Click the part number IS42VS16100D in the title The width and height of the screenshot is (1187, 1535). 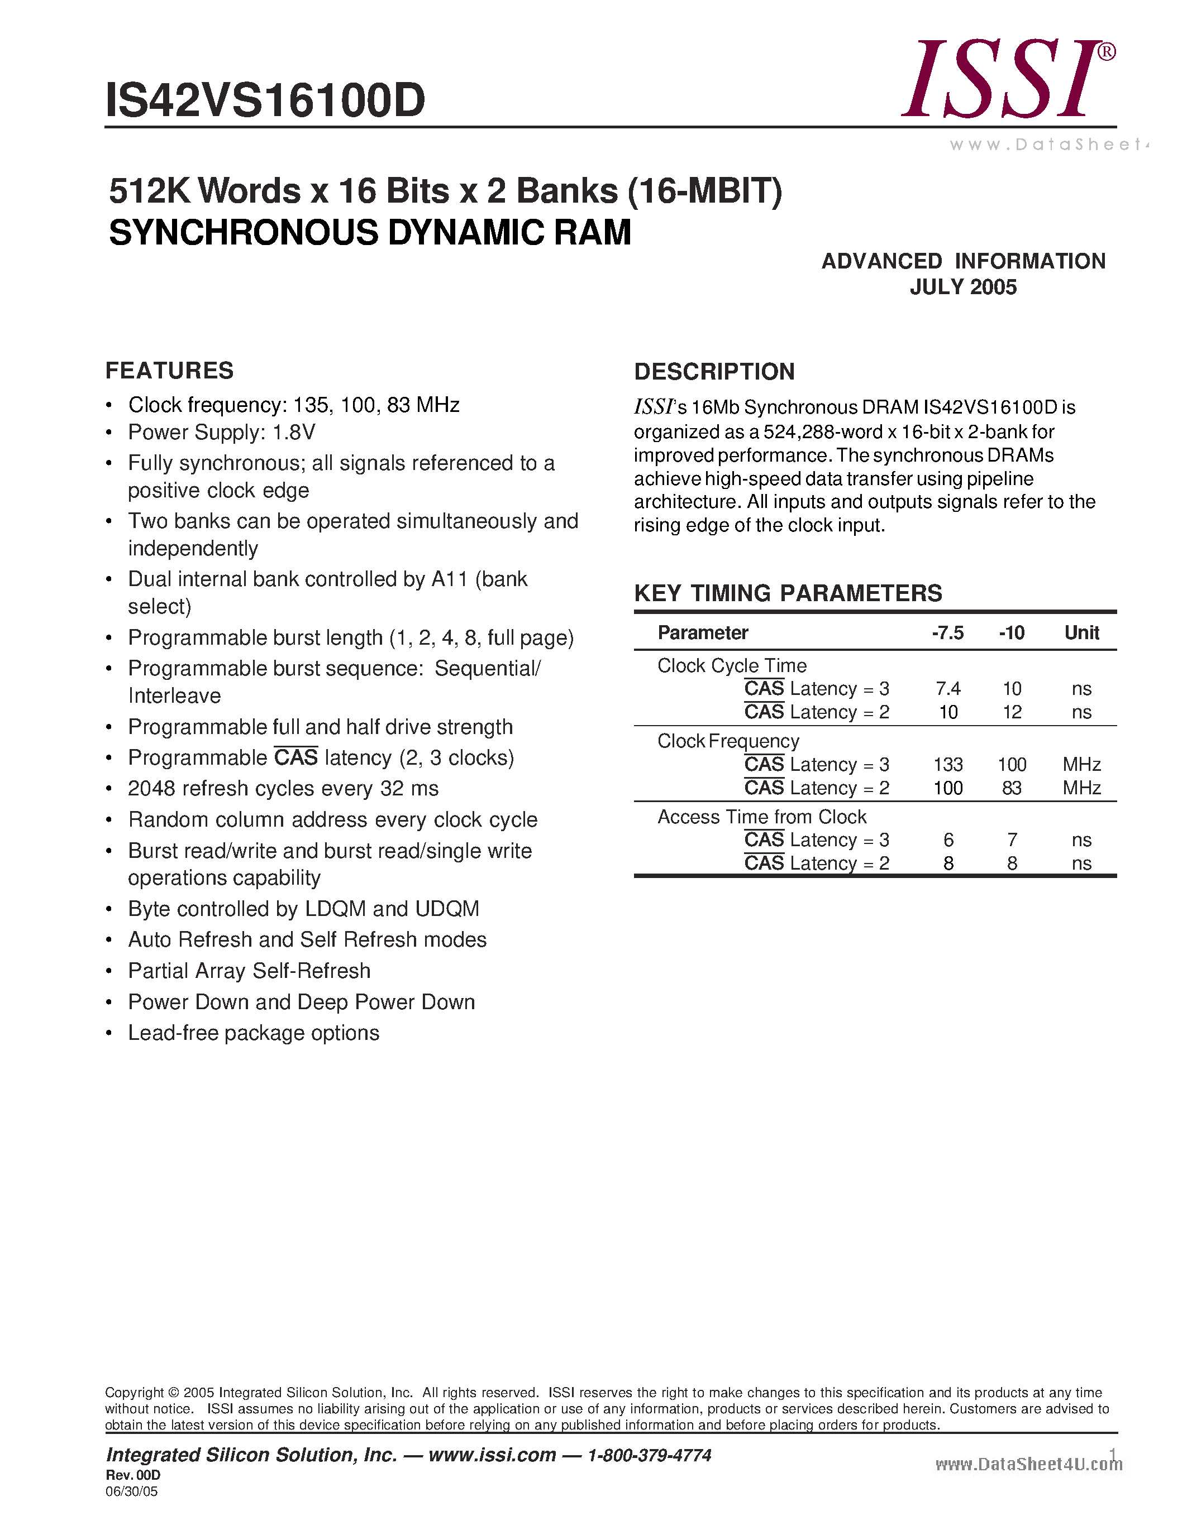[x=265, y=100]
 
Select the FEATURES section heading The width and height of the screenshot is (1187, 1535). [x=169, y=371]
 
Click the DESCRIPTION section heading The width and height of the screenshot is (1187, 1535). [x=714, y=372]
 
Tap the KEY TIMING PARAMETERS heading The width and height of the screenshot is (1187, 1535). [x=788, y=593]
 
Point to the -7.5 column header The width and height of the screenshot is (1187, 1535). [x=947, y=632]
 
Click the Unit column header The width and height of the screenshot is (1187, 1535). [x=1081, y=632]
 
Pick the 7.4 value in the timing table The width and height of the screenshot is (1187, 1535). [x=948, y=689]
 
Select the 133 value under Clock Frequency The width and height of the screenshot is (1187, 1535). [x=948, y=765]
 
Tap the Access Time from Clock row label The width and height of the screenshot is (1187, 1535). [x=761, y=817]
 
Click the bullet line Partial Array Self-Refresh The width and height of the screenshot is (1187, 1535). [x=249, y=971]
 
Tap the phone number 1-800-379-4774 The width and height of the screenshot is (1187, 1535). [x=649, y=1455]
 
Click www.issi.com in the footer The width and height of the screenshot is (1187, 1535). [x=492, y=1455]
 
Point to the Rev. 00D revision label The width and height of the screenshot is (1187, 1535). [x=133, y=1475]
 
